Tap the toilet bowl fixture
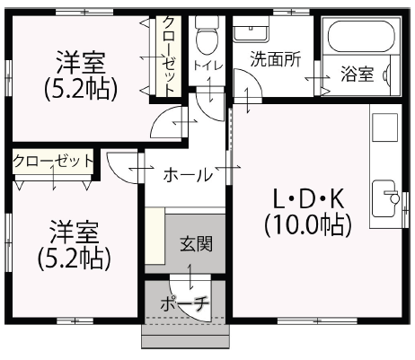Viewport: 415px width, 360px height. point(207,34)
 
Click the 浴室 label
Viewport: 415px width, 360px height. point(357,75)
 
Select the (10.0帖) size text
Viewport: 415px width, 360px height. point(307,224)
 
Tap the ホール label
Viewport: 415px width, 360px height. point(186,174)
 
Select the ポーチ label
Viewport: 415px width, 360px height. point(184,304)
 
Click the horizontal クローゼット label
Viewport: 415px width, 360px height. point(54,162)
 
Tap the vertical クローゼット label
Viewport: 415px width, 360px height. point(168,56)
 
